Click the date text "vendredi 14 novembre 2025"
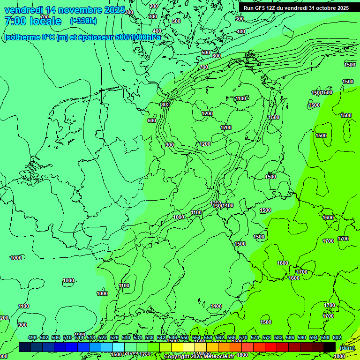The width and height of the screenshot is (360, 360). pos(65,10)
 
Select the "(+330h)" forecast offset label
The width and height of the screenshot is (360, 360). pos(83,21)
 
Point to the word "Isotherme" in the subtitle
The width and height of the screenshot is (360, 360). pos(21,37)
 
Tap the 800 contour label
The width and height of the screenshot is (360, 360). pos(165,105)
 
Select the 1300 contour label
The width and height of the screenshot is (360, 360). pos(216,206)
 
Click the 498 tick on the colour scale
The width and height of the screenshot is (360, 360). pos(32,337)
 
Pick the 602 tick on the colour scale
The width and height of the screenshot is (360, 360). pos(337,337)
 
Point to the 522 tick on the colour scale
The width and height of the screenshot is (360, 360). pos(103,337)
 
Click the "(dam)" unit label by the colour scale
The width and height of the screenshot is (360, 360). pos(347,347)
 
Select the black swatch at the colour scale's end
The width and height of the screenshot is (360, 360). pos(330,347)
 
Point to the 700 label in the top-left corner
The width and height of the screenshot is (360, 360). pos(44,17)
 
